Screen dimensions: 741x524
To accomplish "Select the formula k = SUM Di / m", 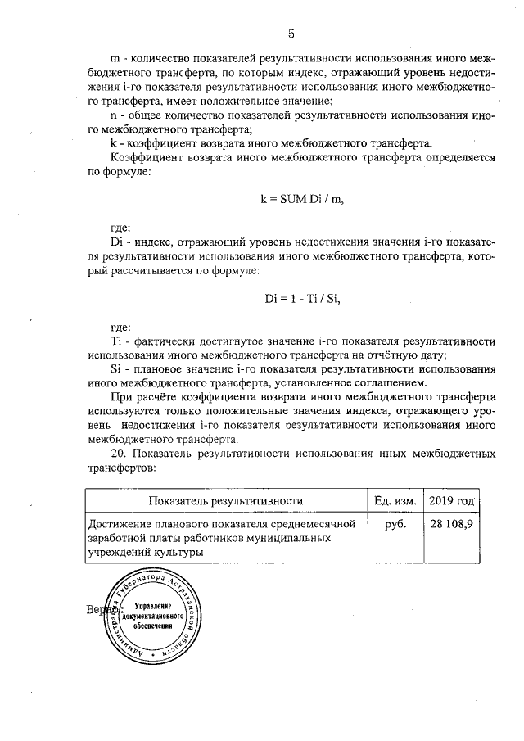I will (296, 199).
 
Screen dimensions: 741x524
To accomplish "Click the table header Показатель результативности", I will (225, 500).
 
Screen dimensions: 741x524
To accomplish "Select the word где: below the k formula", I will (120, 228).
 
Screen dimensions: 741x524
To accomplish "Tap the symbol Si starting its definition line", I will (115, 368).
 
